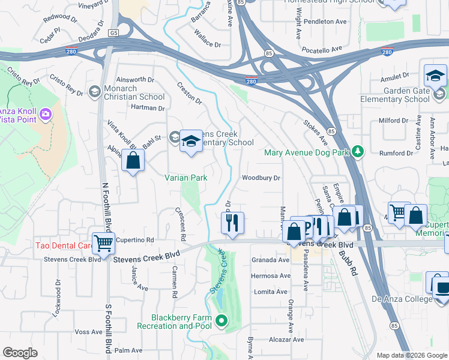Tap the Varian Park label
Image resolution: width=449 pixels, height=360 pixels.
[x=186, y=178]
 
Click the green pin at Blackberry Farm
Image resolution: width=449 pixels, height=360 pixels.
[x=221, y=321]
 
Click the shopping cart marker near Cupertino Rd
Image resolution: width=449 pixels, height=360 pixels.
[x=104, y=243]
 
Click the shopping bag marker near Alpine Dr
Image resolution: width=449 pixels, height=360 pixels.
[x=133, y=161]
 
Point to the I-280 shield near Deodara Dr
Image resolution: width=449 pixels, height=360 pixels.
[x=71, y=52]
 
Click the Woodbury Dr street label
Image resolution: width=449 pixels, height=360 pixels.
[x=261, y=178]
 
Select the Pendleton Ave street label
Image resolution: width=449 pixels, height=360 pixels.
[x=325, y=21]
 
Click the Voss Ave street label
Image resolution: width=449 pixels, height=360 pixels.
[x=89, y=332]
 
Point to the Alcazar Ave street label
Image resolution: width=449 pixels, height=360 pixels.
[x=280, y=339]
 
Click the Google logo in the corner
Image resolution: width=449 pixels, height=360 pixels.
[x=20, y=353]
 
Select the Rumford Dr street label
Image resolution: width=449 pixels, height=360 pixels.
[x=397, y=153]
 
